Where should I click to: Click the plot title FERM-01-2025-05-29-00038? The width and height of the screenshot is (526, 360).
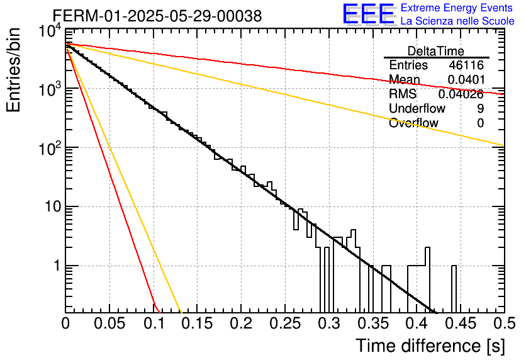point(157,16)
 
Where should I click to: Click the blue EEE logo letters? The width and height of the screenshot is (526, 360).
point(369,14)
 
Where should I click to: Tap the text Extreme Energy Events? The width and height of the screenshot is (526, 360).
point(457,8)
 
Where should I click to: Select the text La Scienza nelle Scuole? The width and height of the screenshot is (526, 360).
point(457,21)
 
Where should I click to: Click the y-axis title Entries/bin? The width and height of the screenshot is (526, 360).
point(14,70)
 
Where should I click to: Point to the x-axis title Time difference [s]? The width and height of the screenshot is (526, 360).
point(430,346)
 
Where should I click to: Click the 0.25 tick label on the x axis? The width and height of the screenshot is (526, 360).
point(285,323)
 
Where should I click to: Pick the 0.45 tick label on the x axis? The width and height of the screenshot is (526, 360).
point(461,323)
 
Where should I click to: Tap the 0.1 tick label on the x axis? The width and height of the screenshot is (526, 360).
point(154,323)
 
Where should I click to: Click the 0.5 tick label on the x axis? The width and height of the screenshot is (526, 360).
point(505,323)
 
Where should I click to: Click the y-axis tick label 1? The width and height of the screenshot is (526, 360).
point(57,266)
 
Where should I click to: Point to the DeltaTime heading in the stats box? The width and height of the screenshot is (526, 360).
point(436,51)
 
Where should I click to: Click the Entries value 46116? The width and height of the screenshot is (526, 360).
point(466,65)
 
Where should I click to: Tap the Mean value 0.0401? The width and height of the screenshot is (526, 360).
point(466,79)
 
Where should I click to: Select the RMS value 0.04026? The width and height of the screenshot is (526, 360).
point(461,94)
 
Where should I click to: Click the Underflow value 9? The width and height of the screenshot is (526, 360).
point(480,109)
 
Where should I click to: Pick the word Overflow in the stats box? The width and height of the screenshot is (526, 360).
point(413,123)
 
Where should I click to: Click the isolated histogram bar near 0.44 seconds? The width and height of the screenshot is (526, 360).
point(454,290)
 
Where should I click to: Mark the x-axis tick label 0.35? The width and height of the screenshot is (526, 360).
point(373,323)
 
